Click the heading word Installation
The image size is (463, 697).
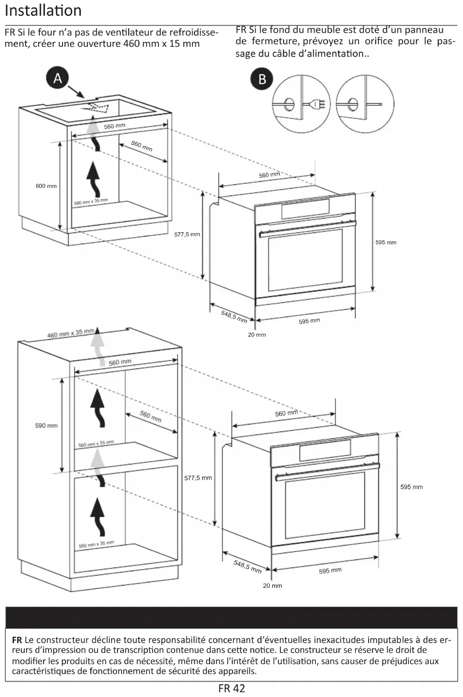(x=43, y=11)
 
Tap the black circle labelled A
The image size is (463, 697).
(x=58, y=78)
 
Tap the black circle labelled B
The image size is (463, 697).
(x=262, y=79)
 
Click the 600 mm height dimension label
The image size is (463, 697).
(x=46, y=186)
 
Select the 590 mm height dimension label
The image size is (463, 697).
(x=46, y=426)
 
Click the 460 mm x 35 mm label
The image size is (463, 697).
(x=71, y=333)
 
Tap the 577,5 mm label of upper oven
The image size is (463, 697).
(x=187, y=234)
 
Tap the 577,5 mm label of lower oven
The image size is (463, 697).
(x=198, y=478)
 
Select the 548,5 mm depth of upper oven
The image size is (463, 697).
(x=234, y=316)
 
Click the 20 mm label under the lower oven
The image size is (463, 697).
(x=273, y=586)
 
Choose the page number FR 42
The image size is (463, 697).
(x=232, y=688)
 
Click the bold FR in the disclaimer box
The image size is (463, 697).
(x=17, y=640)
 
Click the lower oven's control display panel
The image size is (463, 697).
(x=325, y=450)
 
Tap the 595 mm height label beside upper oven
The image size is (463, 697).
(x=386, y=243)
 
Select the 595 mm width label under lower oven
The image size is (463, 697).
(x=330, y=571)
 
